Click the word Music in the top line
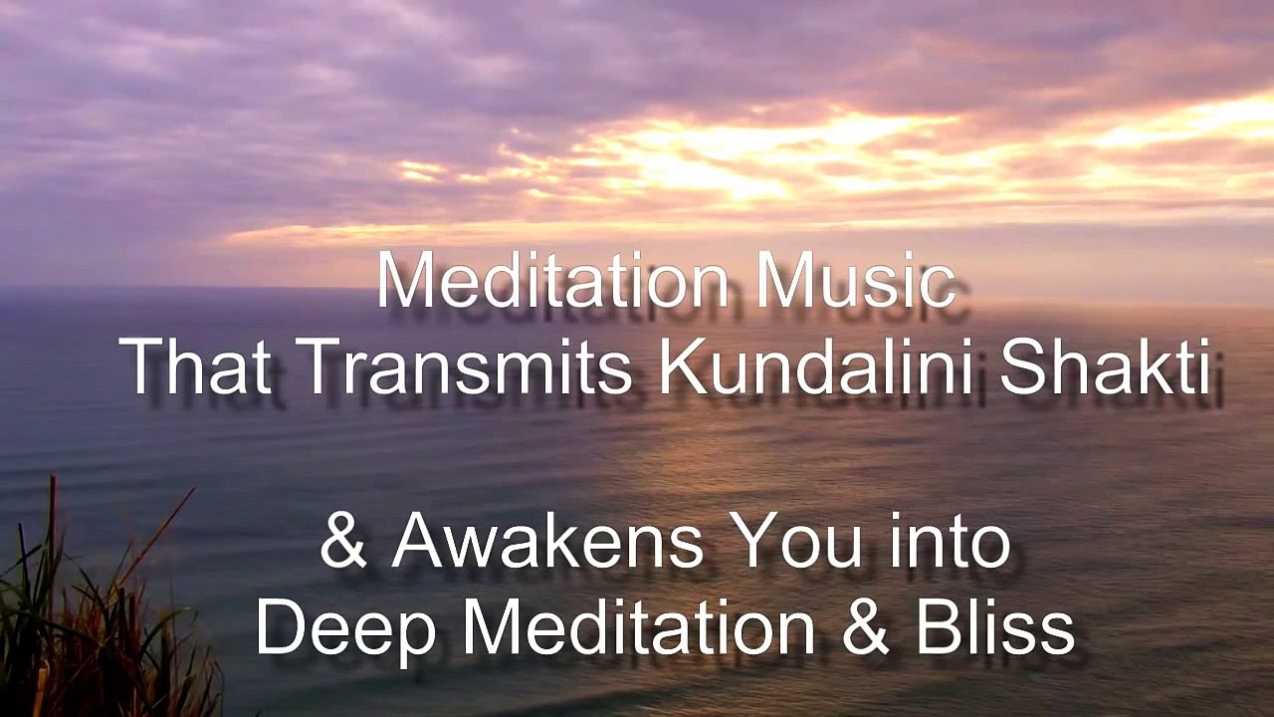click(855, 282)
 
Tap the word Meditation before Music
click(553, 282)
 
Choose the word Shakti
click(1105, 366)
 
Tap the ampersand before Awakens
click(342, 544)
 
